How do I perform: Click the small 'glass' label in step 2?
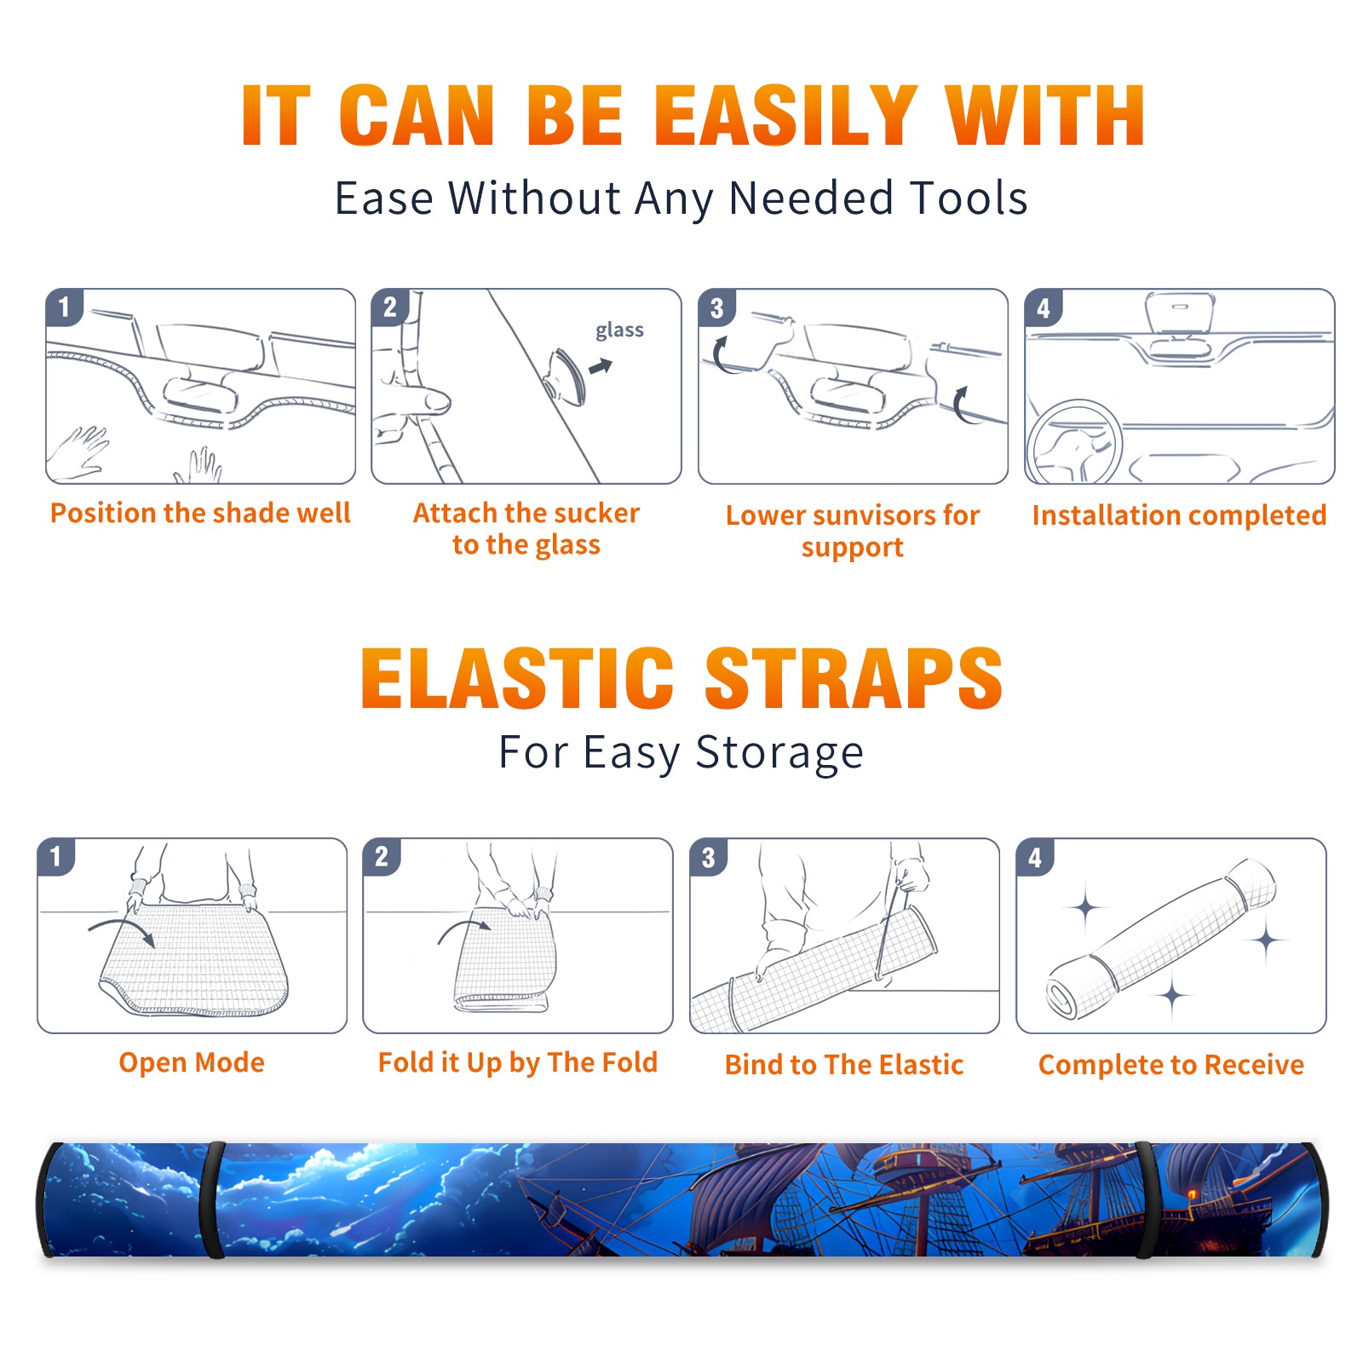(x=619, y=331)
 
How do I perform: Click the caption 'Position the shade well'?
(x=200, y=513)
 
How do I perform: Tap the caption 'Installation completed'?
(x=1179, y=515)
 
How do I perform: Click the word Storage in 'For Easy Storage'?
(x=779, y=753)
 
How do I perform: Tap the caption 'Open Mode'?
(x=192, y=1063)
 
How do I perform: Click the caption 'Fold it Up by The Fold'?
(x=518, y=1063)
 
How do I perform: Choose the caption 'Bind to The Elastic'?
(x=844, y=1065)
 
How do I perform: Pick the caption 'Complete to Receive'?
(x=1171, y=1066)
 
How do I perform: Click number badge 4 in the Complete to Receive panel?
(x=1035, y=857)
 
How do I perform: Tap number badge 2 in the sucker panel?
(x=390, y=307)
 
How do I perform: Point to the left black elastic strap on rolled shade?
(x=211, y=1200)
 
